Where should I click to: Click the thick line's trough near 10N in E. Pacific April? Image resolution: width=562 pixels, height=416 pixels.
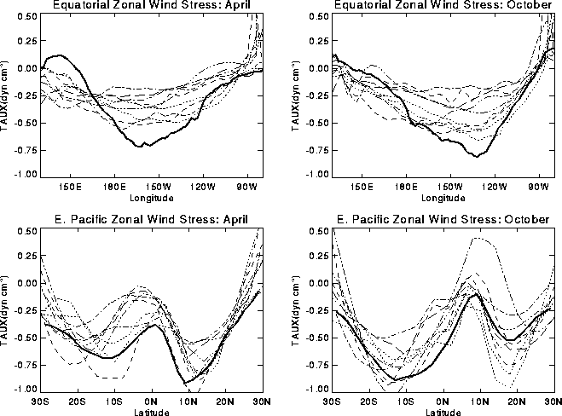coord(184,383)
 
